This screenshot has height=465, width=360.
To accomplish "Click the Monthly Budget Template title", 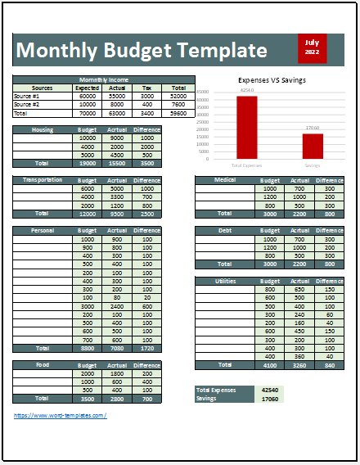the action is point(141,51).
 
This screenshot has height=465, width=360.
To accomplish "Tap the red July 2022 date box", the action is point(311,47).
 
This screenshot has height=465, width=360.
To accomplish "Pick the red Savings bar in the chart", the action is point(312,146).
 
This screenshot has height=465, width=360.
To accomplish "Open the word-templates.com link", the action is point(61,416).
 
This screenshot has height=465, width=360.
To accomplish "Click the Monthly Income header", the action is point(104,79).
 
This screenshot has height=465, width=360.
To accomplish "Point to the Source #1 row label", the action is point(27,96).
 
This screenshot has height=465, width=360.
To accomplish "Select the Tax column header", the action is point(148,88).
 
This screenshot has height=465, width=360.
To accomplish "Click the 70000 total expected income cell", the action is point(87,112).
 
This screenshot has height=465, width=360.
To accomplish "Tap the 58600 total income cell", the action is point(178,112).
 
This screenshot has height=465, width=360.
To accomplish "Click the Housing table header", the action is point(43,130).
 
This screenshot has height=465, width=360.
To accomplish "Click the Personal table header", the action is point(43,231).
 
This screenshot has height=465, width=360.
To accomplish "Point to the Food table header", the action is point(43,364).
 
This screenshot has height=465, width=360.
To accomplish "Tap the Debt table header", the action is point(225,231).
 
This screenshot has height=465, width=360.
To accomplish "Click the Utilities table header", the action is point(225,281).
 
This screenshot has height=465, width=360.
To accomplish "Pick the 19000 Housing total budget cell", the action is point(87,163).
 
